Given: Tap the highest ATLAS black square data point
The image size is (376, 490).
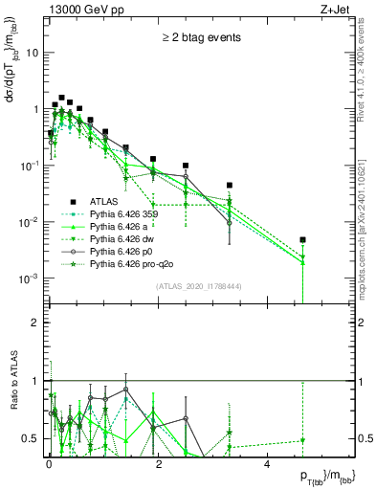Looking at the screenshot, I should coord(62,98).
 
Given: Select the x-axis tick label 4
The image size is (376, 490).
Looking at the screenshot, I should coord(267,463).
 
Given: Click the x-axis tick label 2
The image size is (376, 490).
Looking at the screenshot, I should coord(157,463).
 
